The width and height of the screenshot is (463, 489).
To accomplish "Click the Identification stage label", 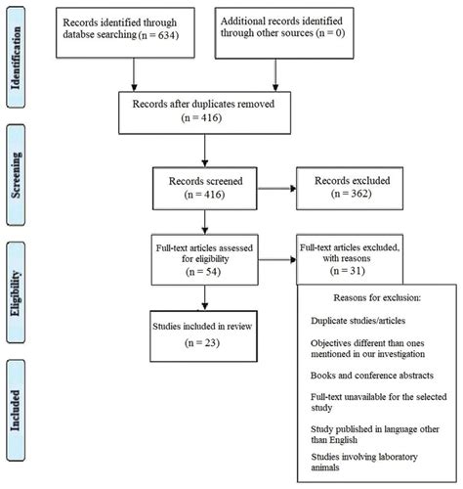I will (x=18, y=58).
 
